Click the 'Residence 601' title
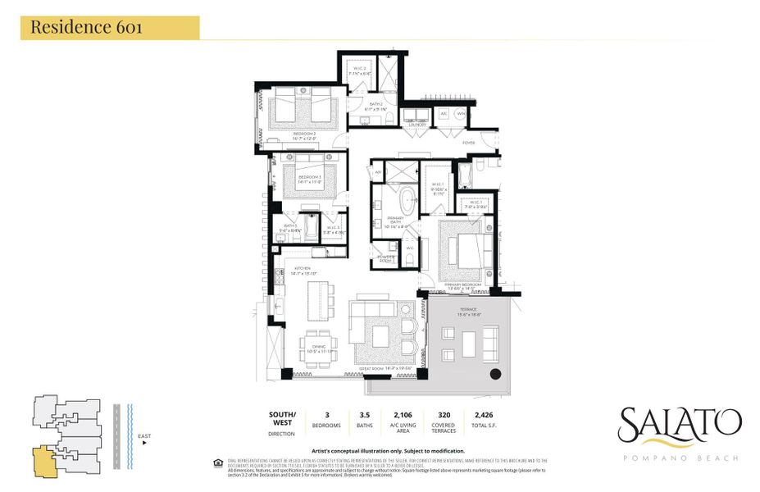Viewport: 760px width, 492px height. pyautogui.click(x=87, y=27)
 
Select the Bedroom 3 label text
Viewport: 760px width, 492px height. pyautogui.click(x=309, y=177)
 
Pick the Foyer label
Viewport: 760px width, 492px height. pyautogui.click(x=468, y=142)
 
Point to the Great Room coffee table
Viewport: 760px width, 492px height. pyautogui.click(x=380, y=336)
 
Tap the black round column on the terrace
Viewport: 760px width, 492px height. pyautogui.click(x=495, y=374)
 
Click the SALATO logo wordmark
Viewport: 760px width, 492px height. pyautogui.click(x=680, y=425)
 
